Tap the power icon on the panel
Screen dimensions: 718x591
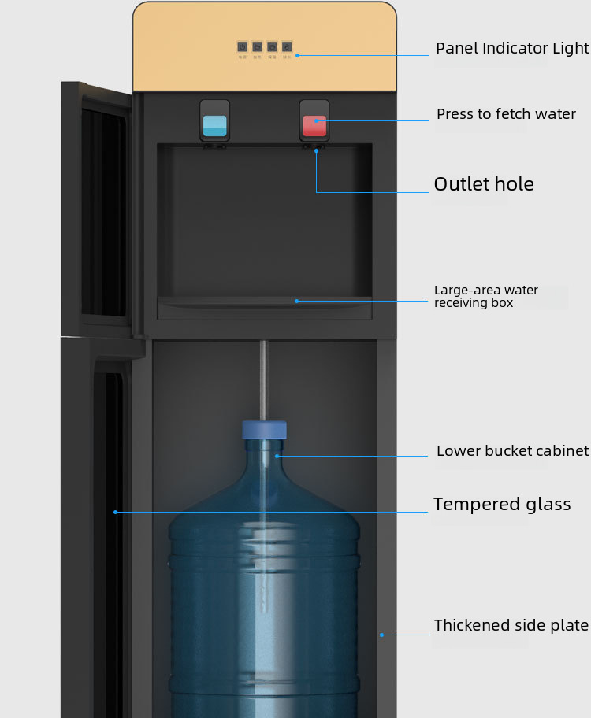242,47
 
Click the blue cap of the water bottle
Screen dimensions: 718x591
264,430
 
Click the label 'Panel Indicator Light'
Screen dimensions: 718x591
512,49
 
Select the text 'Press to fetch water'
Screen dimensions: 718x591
506,114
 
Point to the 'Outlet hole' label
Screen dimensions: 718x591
484,184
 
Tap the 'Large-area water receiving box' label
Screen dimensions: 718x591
486,296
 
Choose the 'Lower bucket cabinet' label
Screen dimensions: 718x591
512,451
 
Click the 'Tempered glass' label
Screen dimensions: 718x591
502,505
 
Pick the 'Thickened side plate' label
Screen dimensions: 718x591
511,625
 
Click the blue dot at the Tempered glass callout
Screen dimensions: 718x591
115,512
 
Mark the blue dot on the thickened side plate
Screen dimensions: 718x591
381,635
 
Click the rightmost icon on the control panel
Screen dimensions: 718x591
287,47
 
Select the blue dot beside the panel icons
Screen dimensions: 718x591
298,55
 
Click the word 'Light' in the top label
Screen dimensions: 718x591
571,49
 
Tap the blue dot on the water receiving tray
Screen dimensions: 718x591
297,300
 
